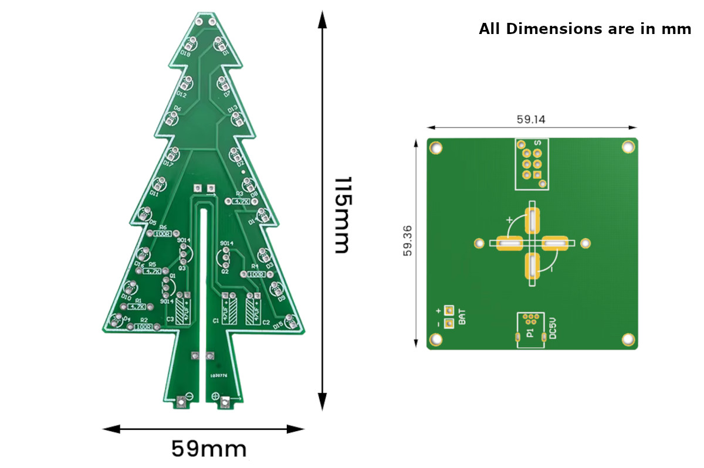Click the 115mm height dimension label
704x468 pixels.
341,215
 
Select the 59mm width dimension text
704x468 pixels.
208,449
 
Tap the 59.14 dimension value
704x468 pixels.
531,119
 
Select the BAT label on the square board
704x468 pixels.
463,317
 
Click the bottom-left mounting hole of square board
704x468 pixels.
436,339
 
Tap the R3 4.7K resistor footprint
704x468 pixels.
241,201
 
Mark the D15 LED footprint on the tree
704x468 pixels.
290,321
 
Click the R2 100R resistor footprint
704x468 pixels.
143,327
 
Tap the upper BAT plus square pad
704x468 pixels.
449,310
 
